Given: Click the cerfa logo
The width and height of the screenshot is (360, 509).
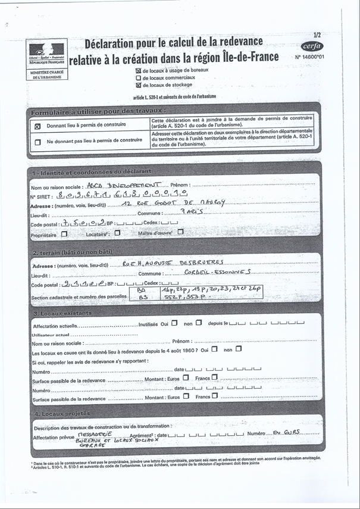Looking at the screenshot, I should point(312,46).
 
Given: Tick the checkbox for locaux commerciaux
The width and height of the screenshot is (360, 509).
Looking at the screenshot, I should point(139,77).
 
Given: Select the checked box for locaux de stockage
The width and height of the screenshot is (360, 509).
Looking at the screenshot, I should point(139,85).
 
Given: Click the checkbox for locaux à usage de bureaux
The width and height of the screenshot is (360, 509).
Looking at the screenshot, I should point(139,70).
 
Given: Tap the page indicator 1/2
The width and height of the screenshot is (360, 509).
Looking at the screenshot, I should point(317,36).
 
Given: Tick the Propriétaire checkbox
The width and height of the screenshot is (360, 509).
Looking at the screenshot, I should point(64,234).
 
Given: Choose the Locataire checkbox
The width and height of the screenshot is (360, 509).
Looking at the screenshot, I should point(117,233).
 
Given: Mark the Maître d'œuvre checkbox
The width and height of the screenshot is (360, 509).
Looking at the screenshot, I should point(180,233).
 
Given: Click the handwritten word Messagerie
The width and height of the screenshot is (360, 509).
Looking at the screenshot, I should point(96,435).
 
